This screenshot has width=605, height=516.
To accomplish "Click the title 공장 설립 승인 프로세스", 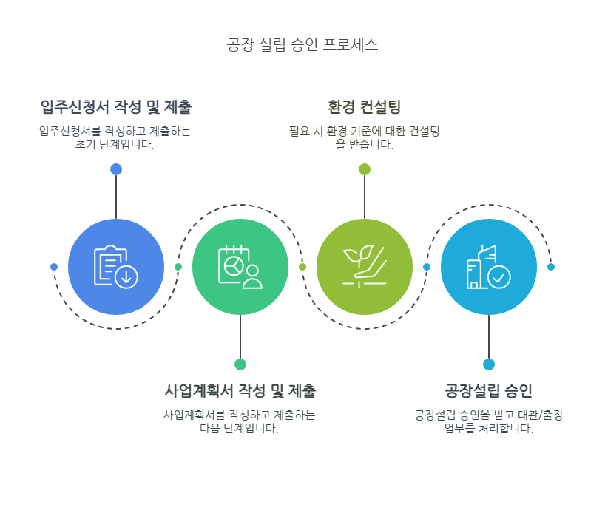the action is [302, 45].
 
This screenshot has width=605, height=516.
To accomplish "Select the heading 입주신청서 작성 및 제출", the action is [116, 107].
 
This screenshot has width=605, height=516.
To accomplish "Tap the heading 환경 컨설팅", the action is [364, 107].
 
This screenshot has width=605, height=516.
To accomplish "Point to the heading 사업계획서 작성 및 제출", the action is [240, 390].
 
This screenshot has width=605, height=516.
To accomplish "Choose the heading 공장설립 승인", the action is [488, 390].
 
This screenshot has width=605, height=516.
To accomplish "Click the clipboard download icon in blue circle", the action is [116, 266].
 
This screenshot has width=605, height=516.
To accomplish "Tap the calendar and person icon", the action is [240, 266].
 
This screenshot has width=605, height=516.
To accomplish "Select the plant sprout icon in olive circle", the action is [364, 266].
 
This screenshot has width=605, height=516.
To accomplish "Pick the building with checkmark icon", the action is [488, 266].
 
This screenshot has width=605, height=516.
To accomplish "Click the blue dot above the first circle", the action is [116, 169].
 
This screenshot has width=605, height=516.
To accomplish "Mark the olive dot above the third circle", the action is [365, 169].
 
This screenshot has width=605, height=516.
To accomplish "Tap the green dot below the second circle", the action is [240, 364].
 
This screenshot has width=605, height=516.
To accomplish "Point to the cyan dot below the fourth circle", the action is [489, 364].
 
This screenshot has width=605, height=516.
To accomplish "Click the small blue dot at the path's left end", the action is [54, 267].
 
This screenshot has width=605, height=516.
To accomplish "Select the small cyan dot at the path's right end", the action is [551, 267].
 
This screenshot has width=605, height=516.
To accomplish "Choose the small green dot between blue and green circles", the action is [178, 267].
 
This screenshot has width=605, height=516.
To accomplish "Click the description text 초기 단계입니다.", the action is [115, 145].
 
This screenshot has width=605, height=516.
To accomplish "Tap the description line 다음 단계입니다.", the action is [239, 429].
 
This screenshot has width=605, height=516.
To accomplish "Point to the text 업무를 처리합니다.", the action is [488, 429].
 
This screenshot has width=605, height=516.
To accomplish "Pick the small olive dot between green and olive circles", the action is [302, 267].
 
